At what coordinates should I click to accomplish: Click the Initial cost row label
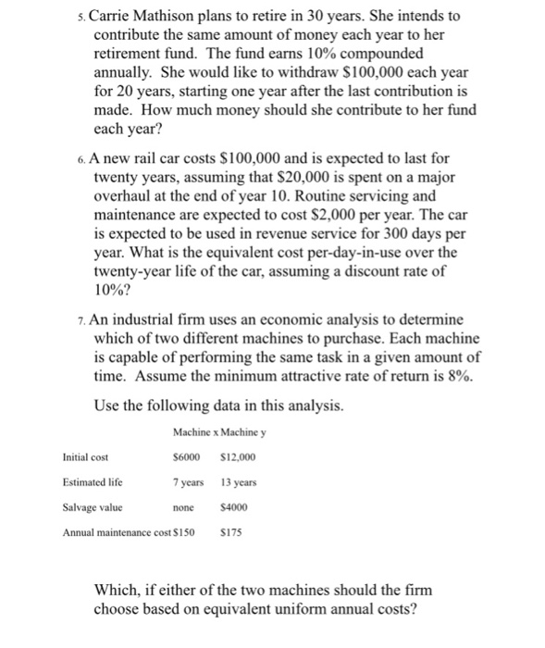click(85, 456)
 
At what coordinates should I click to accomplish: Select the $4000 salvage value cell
click(237, 507)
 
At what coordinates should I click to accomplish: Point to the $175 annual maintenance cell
click(235, 533)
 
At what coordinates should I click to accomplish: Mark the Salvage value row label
click(92, 507)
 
